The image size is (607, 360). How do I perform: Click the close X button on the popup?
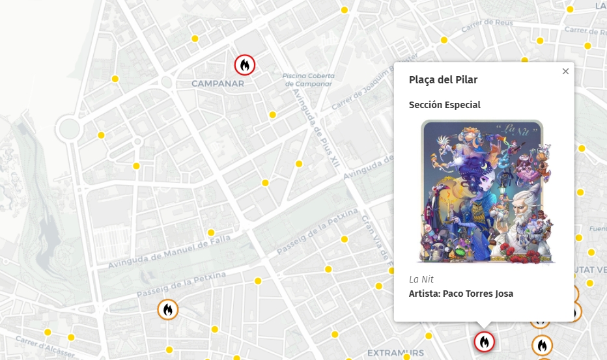pyautogui.click(x=565, y=72)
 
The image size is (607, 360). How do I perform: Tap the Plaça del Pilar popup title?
pyautogui.click(x=443, y=80)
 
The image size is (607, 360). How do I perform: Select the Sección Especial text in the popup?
pyautogui.click(x=444, y=105)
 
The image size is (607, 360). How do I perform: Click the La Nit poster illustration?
pyautogui.click(x=484, y=192)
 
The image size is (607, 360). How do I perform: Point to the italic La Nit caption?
pyautogui.click(x=421, y=279)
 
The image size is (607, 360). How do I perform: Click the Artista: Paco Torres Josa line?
pyautogui.click(x=460, y=294)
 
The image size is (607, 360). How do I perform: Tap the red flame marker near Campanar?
pyautogui.click(x=244, y=64)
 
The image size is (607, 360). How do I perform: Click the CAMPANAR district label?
pyautogui.click(x=218, y=83)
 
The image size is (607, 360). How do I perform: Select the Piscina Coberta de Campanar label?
pyautogui.click(x=309, y=80)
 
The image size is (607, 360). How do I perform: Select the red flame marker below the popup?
pyautogui.click(x=484, y=342)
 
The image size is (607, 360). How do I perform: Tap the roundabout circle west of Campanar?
pyautogui.click(x=68, y=128)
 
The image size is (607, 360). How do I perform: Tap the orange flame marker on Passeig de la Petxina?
pyautogui.click(x=167, y=310)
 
